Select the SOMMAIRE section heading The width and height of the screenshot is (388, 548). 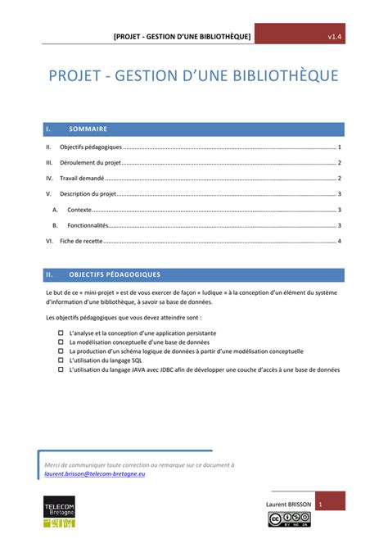[x=88, y=129]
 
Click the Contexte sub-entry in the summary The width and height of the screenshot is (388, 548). [x=79, y=210]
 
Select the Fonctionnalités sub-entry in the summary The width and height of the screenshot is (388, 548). [x=88, y=225]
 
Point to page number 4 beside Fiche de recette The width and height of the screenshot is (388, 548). [x=339, y=241]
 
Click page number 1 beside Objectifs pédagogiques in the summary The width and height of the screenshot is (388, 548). [x=339, y=147]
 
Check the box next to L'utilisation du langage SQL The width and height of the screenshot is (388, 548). [x=61, y=360]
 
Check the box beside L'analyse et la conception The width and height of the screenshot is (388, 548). [x=61, y=333]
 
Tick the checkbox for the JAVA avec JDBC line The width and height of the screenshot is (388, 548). [x=61, y=369]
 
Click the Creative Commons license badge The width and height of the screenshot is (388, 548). [x=288, y=519]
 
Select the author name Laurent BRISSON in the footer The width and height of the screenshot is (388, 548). [x=286, y=503]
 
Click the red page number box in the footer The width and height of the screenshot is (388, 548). [x=331, y=503]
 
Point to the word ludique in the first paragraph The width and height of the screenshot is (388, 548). [x=205, y=292]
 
